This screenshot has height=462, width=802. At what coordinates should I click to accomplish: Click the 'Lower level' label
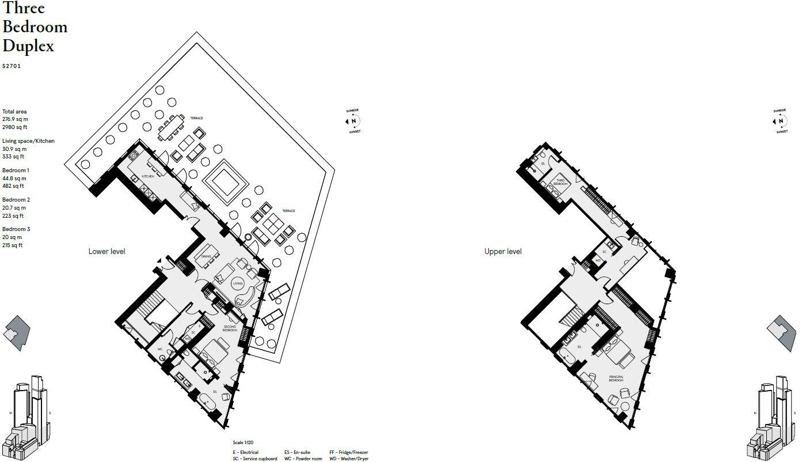(107, 252)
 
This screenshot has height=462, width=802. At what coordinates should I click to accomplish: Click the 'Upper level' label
(503, 252)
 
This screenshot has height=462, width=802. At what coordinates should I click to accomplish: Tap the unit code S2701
(12, 66)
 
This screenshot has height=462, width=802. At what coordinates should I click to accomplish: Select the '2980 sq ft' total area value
(14, 127)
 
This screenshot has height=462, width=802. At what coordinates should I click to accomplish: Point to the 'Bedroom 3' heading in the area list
(16, 229)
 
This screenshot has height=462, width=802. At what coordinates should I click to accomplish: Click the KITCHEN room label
(148, 176)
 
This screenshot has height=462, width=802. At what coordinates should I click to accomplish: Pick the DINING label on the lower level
(206, 256)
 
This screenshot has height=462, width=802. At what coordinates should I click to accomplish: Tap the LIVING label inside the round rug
(238, 284)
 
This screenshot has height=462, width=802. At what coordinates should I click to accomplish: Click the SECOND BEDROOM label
(229, 329)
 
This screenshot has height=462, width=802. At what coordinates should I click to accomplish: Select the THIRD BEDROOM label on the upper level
(560, 182)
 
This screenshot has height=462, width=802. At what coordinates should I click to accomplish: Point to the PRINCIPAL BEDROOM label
(616, 379)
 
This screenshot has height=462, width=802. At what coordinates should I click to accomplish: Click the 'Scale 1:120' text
(243, 443)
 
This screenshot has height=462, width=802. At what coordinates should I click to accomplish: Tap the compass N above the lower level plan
(354, 122)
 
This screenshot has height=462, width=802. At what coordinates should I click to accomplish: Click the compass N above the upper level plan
(781, 122)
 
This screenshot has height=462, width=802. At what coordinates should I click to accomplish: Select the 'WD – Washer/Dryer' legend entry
(349, 459)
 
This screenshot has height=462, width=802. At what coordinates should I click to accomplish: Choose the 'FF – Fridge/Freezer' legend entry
(348, 453)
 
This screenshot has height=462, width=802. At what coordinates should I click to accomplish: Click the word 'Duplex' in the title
(28, 46)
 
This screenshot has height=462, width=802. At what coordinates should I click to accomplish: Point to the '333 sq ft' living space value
(13, 157)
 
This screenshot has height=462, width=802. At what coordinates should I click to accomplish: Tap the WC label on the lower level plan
(160, 349)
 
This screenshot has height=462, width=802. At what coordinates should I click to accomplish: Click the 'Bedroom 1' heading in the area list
(16, 171)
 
